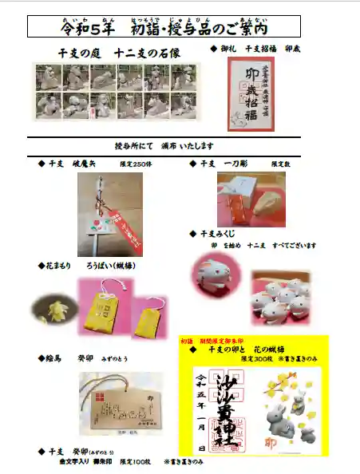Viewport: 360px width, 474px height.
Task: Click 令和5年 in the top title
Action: pos(87,29)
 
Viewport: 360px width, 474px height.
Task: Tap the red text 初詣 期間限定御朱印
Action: pos(211,340)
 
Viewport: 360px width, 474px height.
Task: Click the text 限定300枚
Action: pos(255,358)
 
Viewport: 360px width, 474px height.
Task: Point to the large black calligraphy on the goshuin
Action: pos(236,407)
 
